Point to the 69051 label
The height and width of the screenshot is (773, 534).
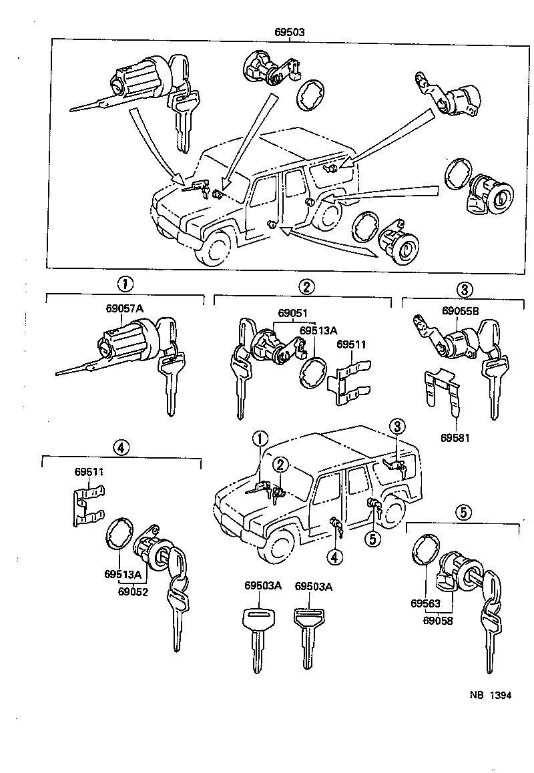tap(293, 312)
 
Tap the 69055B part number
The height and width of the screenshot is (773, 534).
tap(460, 311)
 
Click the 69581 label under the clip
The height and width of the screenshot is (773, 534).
tap(455, 438)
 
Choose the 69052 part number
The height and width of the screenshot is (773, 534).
tap(133, 591)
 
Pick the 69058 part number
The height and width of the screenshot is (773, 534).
tap(438, 620)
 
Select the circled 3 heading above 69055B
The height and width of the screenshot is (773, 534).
tap(465, 289)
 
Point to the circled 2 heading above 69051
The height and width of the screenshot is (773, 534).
tap(306, 288)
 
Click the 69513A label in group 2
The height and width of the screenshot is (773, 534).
tap(318, 330)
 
